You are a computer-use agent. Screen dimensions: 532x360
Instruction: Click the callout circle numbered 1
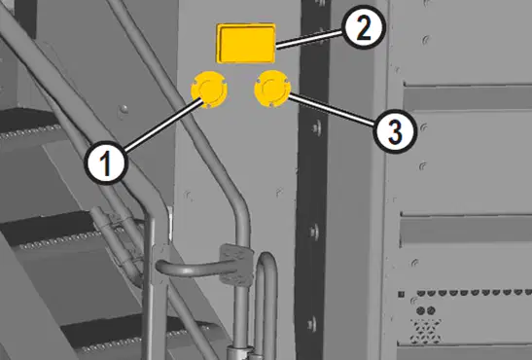coord(106,163)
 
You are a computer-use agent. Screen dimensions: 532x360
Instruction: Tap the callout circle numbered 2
coord(364,27)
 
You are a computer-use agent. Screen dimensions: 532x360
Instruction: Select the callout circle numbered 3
coord(395,131)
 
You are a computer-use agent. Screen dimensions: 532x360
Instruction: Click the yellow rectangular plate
coord(246,43)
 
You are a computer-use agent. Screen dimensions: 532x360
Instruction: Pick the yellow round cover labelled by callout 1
coord(209,90)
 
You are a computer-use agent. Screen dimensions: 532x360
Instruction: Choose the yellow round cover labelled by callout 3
coord(272,89)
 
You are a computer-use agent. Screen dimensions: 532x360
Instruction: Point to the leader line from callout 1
coord(163,125)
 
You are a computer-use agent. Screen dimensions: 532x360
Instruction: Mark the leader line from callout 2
coord(310,40)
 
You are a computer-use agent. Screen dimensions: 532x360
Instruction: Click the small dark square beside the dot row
coord(401,294)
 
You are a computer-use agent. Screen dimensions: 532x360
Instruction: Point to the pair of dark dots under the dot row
coord(425,310)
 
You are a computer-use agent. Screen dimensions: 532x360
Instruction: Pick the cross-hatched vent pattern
coord(425,330)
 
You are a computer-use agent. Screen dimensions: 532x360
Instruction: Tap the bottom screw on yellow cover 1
coord(207,105)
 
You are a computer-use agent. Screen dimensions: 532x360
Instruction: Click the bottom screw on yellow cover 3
coord(270,104)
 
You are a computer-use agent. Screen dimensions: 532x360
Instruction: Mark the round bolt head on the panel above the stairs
coord(124,109)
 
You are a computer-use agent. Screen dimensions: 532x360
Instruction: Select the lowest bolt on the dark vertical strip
coord(312,324)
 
